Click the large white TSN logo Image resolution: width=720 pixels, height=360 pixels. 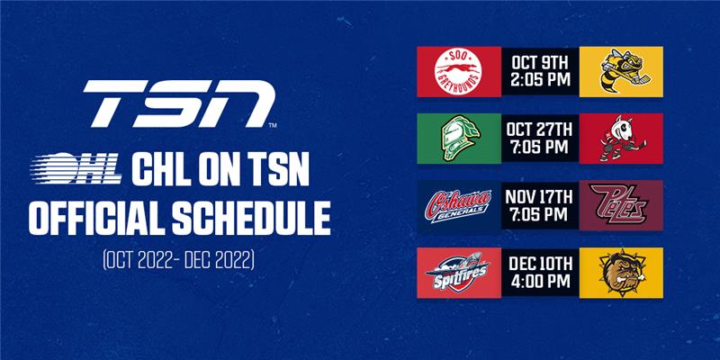179,103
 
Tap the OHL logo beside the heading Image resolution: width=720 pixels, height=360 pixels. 76,168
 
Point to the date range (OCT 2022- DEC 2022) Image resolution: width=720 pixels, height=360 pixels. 178,259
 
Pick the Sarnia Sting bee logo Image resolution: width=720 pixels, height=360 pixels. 621,71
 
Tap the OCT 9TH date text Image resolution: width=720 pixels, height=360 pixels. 539,63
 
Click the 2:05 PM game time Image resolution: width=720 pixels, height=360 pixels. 539,80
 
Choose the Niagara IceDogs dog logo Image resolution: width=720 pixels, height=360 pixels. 622,139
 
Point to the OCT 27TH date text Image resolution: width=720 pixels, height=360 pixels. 539,130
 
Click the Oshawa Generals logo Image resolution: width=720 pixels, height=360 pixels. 459,206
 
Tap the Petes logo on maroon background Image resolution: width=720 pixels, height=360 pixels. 620,204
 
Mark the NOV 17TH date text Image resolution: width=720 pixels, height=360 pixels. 539,197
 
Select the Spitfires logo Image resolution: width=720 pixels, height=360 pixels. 458,272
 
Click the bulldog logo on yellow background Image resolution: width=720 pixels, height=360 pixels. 621,273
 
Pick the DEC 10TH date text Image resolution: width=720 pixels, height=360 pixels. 539,265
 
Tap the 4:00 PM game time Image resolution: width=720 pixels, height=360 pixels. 539,282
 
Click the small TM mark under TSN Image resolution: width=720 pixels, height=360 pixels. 273,125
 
